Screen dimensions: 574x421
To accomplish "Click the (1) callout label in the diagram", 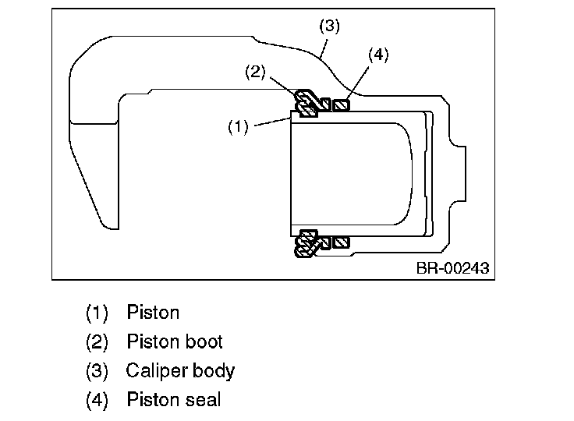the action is pos(238,126).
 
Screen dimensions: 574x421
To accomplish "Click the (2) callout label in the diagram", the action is pos(255,72).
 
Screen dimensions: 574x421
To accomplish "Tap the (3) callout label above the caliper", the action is pos(329,27).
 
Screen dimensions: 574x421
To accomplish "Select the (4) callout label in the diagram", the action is pos(378,55).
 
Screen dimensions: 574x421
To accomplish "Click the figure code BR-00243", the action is pos(453,268).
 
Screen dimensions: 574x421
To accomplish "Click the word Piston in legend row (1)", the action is pos(153,313).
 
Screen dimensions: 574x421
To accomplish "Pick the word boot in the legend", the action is pos(204,341).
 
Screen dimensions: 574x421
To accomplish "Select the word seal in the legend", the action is pos(203,399).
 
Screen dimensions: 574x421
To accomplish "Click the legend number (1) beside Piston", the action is pos(97,313).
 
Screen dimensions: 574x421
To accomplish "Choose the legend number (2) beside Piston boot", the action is pos(97,342).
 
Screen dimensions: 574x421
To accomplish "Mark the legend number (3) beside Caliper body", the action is pos(97,371).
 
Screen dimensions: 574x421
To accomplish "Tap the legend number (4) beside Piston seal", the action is pos(97,399).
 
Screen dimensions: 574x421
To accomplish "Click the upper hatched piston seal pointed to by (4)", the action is pos(341,105).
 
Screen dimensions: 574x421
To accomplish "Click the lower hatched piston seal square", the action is pos(341,242).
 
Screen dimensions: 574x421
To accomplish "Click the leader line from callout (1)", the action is pos(273,122).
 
